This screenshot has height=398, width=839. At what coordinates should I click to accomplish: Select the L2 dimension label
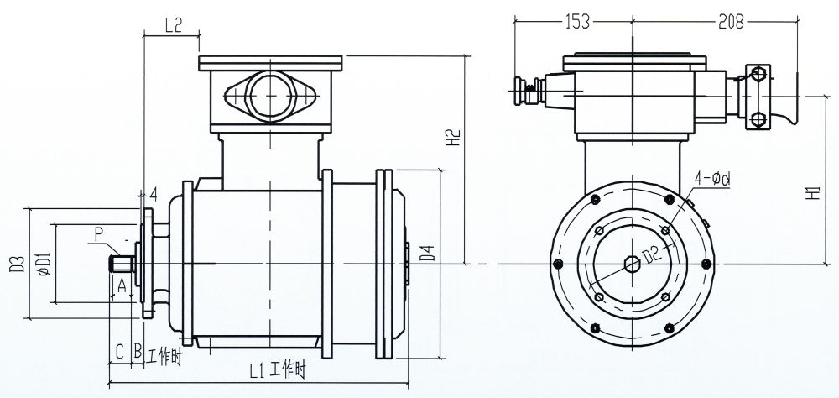tap(174, 25)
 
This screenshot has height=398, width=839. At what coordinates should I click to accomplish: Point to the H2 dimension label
tap(451, 139)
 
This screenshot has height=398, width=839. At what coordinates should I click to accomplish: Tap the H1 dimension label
tap(813, 192)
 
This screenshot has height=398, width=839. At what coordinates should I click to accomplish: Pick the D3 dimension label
tap(14, 264)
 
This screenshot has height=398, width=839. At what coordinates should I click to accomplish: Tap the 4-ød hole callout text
tap(713, 179)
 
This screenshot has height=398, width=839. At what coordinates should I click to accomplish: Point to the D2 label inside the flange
tap(649, 251)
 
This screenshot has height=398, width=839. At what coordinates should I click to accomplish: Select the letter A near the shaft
tap(121, 285)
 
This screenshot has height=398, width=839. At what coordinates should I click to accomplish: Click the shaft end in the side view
tap(116, 266)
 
